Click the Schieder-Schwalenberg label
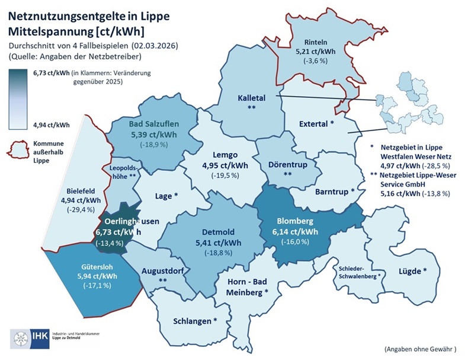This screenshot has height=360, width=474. [x=358, y=272]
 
